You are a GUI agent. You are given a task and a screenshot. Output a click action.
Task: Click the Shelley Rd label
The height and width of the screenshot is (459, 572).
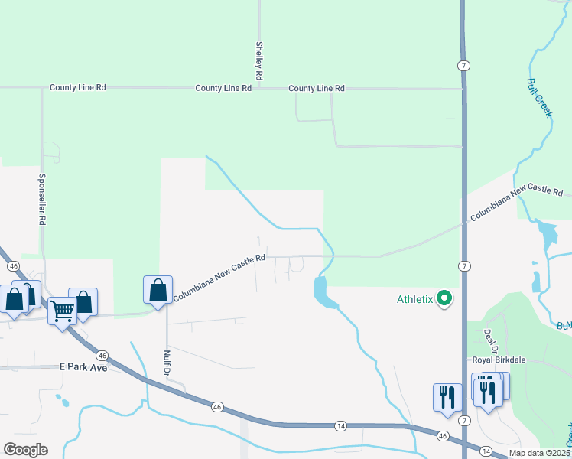(260, 61)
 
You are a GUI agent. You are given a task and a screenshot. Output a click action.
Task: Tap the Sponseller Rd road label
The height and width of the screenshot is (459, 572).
(43, 197)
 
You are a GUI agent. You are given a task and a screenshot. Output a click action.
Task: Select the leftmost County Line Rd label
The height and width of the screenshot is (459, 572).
(77, 88)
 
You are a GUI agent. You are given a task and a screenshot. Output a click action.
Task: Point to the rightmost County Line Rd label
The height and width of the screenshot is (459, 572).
(317, 89)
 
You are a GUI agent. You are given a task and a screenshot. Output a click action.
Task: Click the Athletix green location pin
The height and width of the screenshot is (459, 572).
(444, 299)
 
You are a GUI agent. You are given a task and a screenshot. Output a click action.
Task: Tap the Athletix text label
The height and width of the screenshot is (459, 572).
(415, 299)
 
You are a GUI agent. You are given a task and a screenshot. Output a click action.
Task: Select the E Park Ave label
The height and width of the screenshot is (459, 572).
(83, 367)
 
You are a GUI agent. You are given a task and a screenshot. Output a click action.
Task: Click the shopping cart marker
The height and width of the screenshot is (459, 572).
(62, 311)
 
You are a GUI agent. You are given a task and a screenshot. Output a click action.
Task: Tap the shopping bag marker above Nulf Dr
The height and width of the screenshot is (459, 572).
(158, 291)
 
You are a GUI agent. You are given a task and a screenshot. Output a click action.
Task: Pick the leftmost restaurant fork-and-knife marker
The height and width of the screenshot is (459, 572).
(447, 397)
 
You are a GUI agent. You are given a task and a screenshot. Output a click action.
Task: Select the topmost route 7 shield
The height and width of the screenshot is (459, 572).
(463, 66)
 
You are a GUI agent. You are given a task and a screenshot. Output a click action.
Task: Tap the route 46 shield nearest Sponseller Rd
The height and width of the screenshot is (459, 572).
(14, 265)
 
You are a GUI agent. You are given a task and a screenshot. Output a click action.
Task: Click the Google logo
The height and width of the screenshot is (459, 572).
(25, 449)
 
